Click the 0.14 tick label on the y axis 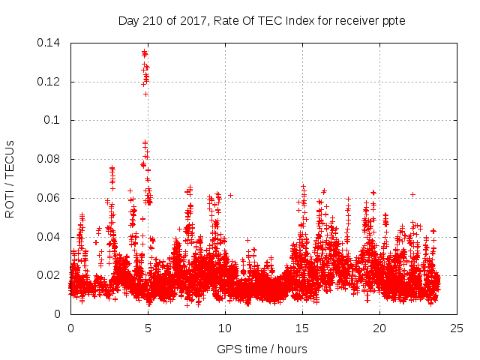click(50, 43)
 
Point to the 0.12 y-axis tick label click(50, 82)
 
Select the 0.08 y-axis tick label click(50, 159)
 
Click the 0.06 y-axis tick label click(50, 198)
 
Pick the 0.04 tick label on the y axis click(50, 237)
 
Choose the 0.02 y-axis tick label click(50, 275)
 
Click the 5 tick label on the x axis click(148, 328)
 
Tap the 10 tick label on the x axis click(225, 328)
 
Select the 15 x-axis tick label click(302, 328)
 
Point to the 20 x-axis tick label click(379, 328)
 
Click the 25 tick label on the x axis click(457, 328)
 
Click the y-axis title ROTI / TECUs click(10, 178)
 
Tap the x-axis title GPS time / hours click(263, 349)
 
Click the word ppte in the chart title click(393, 20)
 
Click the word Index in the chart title click(294, 20)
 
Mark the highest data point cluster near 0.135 click(145, 53)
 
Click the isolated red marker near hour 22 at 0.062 click(412, 194)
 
